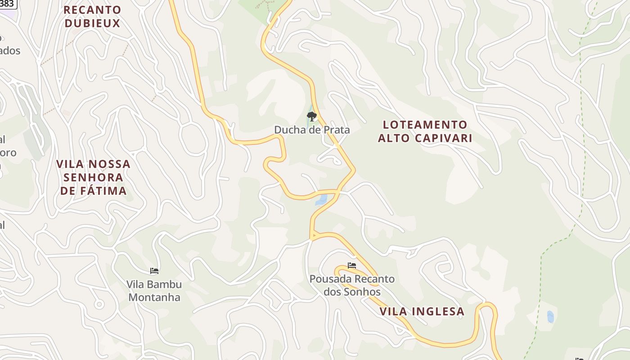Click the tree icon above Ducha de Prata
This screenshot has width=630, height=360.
311,117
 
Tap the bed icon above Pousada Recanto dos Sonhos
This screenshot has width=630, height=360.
352,265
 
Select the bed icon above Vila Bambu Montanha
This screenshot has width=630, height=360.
154,271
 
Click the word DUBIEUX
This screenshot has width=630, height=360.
92,23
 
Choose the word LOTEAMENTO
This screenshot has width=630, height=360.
425,125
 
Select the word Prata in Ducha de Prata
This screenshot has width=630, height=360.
336,130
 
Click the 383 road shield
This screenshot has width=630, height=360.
8,4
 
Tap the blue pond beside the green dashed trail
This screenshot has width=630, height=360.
550,316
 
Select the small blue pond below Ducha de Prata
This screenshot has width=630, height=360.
321,200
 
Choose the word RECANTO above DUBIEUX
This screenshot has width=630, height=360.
92,10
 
